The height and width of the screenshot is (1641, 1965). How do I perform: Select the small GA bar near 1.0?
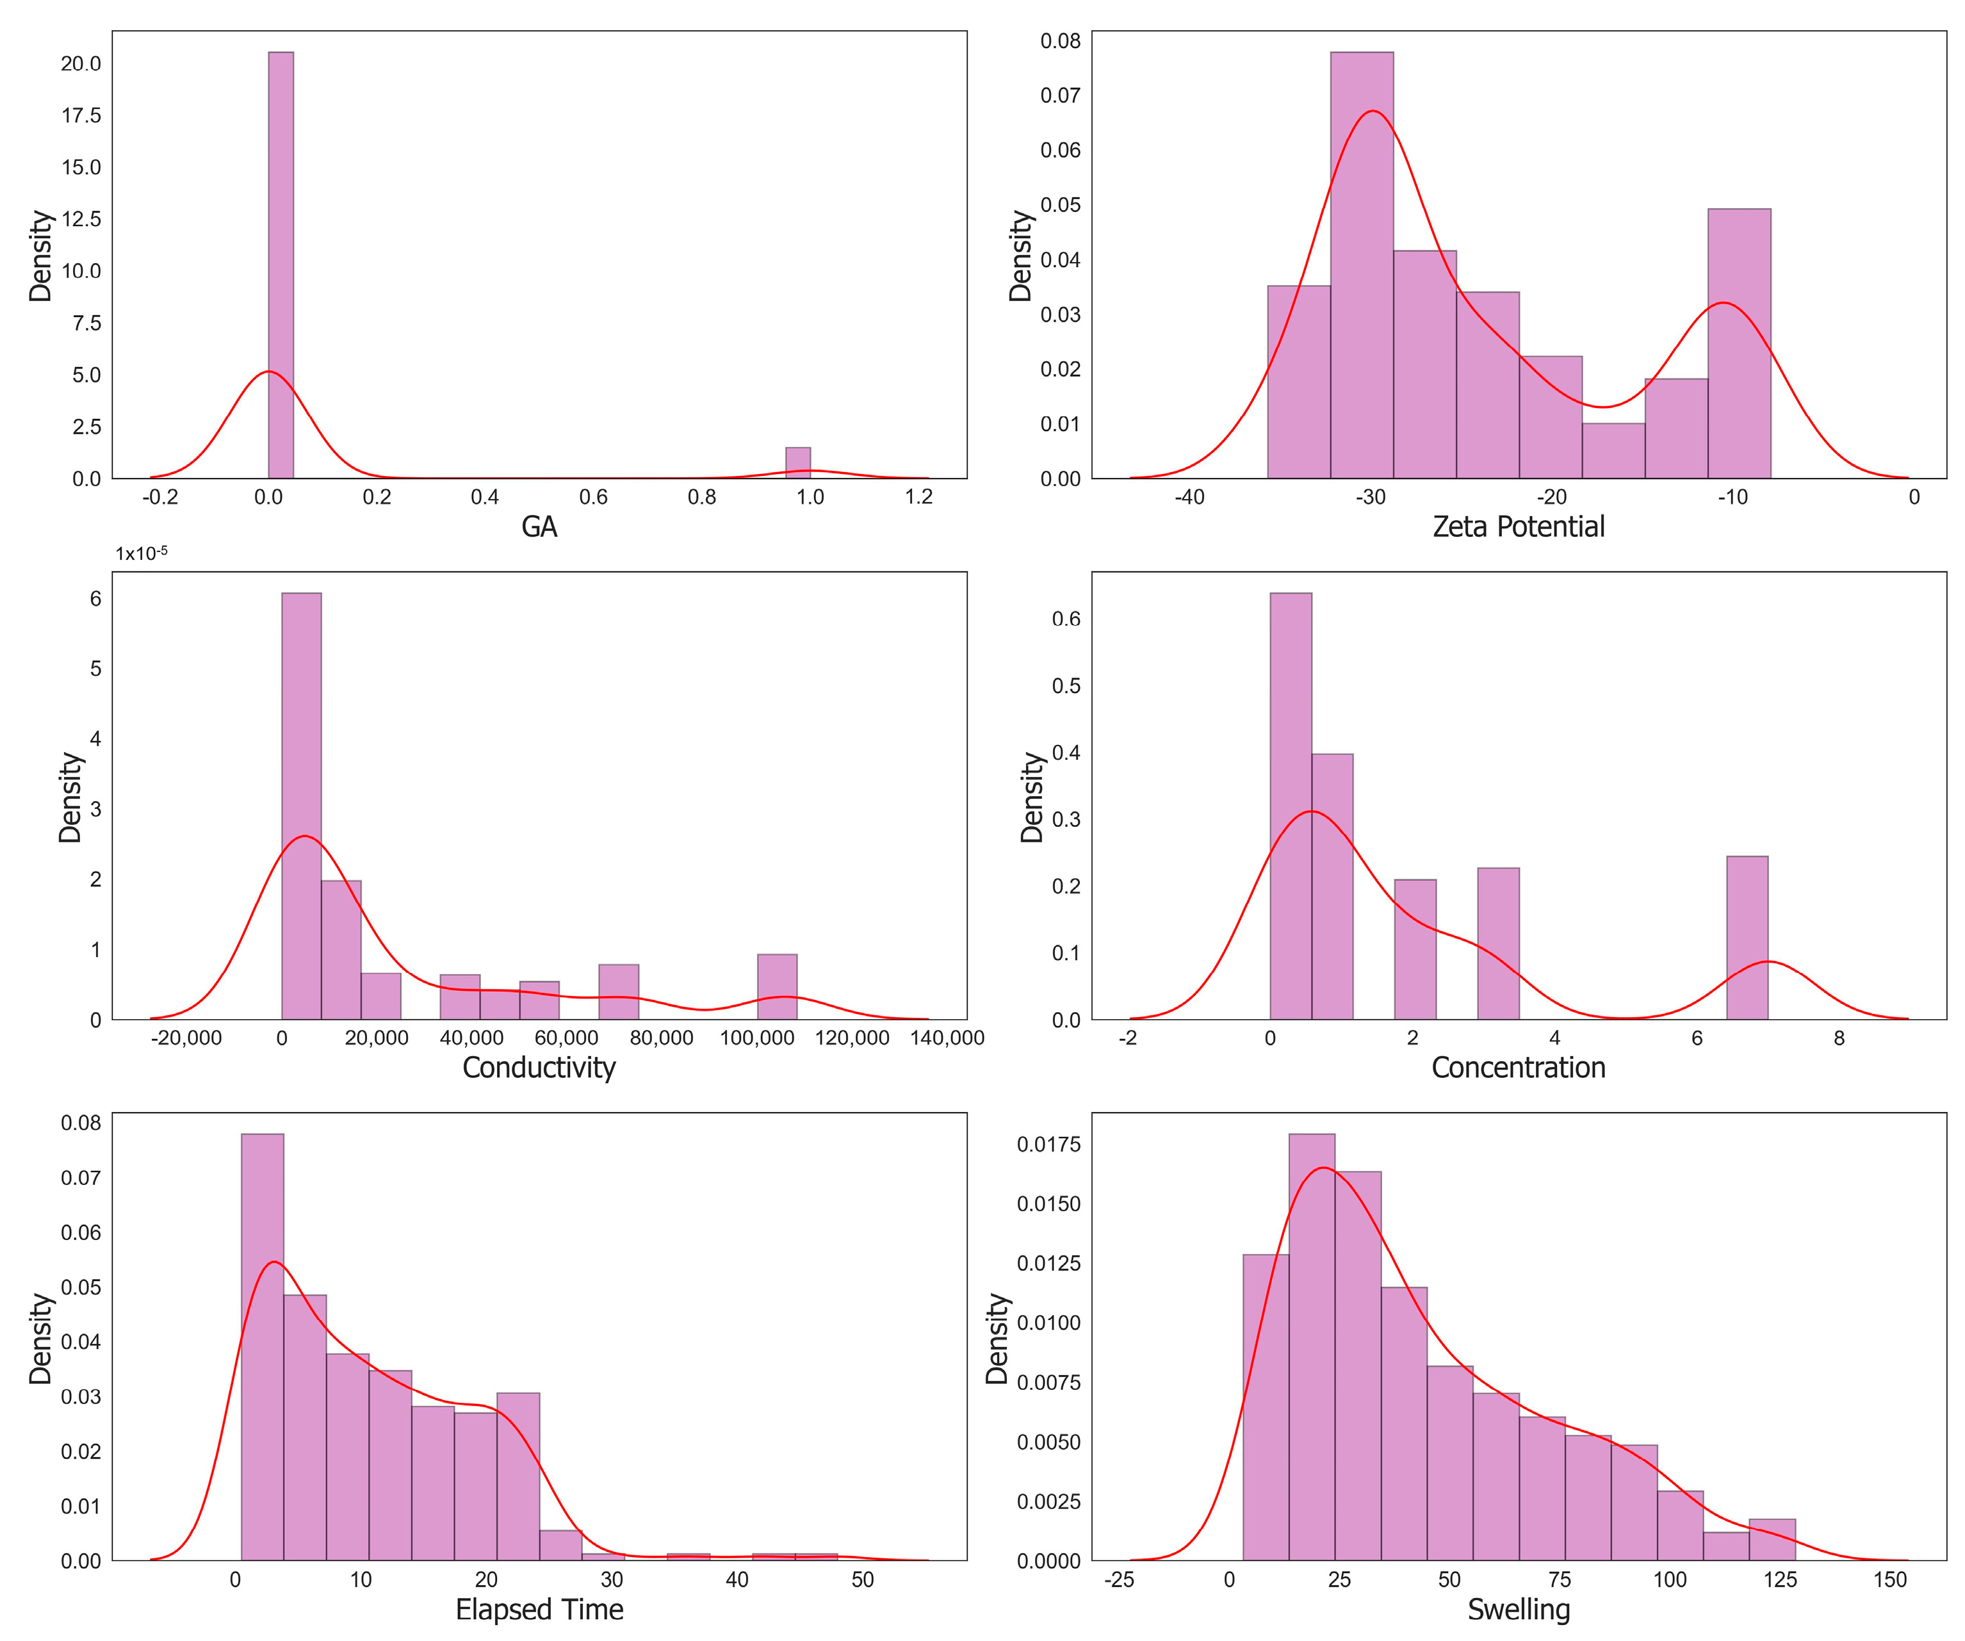click(x=797, y=463)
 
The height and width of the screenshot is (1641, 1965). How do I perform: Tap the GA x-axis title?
click(x=539, y=528)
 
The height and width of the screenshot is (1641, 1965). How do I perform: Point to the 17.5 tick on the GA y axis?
click(x=81, y=115)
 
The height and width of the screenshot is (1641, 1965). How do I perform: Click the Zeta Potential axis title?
click(x=1518, y=528)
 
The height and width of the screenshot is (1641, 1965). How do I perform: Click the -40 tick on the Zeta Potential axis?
click(x=1189, y=498)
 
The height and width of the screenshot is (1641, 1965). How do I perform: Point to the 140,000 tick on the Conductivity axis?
click(x=947, y=1038)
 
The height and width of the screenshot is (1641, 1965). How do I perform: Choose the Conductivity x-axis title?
click(x=539, y=1068)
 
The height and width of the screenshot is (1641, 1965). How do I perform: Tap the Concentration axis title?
click(x=1518, y=1068)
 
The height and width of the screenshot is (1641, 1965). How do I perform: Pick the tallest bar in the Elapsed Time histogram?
click(x=262, y=1347)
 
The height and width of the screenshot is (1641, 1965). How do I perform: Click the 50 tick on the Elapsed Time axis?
click(x=862, y=1580)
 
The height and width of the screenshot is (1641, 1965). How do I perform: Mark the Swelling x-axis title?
click(x=1518, y=1609)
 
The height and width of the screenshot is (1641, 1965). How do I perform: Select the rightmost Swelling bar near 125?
click(x=1772, y=1539)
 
